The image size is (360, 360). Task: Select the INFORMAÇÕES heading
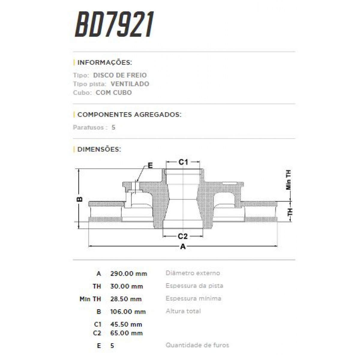pyautogui.click(x=104, y=63)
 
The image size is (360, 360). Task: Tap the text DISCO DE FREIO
pyautogui.click(x=120, y=75)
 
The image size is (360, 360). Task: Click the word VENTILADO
pyautogui.click(x=130, y=84)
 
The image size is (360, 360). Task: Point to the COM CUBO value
pyautogui.click(x=114, y=93)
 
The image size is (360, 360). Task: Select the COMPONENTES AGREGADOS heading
pyautogui.click(x=129, y=115)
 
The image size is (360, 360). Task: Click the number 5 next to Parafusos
pyautogui.click(x=113, y=127)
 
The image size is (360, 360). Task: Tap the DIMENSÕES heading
pyautogui.click(x=99, y=149)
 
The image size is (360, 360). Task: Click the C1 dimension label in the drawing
pyautogui.click(x=183, y=162)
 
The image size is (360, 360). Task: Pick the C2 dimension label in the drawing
pyautogui.click(x=183, y=236)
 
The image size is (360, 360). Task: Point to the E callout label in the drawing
pyautogui.click(x=150, y=165)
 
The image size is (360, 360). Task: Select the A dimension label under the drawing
pyautogui.click(x=183, y=247)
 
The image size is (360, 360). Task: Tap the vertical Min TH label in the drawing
pyautogui.click(x=289, y=180)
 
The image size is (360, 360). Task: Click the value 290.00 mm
pyautogui.click(x=129, y=274)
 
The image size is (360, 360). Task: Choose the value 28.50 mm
pyautogui.click(x=126, y=299)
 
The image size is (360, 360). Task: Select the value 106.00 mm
pyautogui.click(x=128, y=312)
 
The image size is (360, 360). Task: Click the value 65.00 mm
pyautogui.click(x=126, y=333)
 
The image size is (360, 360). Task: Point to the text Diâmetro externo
pyautogui.click(x=193, y=273)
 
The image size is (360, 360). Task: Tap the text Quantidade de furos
pyautogui.click(x=197, y=345)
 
